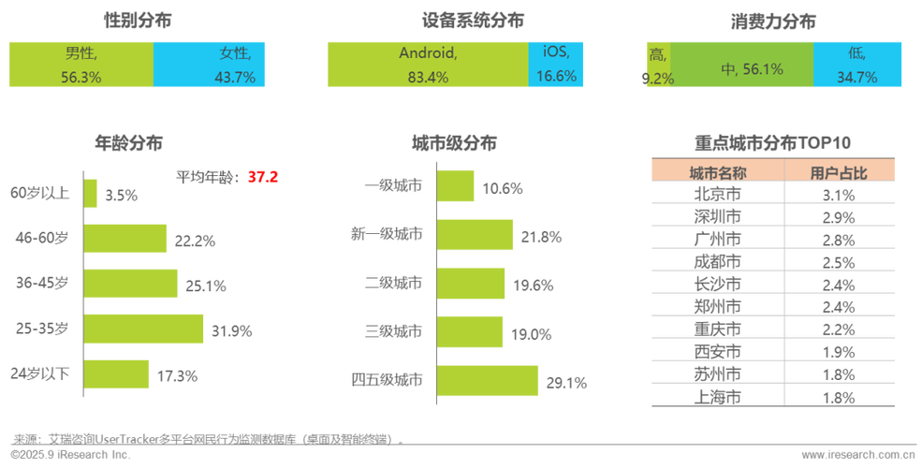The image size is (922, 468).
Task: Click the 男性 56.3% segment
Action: [x=80, y=65]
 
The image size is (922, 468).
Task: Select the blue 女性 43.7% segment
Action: [x=210, y=65]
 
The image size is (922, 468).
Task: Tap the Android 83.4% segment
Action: [x=427, y=65]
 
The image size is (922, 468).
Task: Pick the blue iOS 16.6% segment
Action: [x=556, y=65]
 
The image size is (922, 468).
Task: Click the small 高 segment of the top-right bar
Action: [x=657, y=65]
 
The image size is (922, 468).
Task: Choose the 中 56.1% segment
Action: [x=741, y=65]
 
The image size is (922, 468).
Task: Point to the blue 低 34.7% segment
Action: [x=859, y=65]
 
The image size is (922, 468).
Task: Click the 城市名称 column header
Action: [x=717, y=171]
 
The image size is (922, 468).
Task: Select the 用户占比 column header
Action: [x=840, y=171]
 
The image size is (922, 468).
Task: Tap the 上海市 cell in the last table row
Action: [x=717, y=396]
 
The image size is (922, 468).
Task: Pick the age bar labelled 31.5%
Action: [x=145, y=329]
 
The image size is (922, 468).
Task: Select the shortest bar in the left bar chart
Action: [x=92, y=194]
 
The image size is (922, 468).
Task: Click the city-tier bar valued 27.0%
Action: [x=488, y=380]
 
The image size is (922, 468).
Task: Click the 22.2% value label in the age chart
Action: [x=195, y=241]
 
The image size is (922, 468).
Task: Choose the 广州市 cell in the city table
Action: [x=717, y=239]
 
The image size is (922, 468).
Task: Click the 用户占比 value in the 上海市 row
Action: [x=840, y=396]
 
